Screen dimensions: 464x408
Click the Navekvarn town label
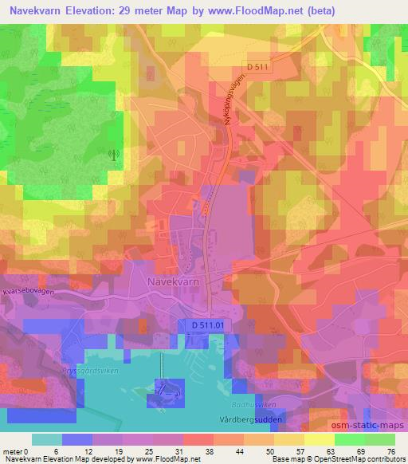click(x=172, y=281)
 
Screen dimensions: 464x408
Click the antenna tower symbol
click(x=114, y=153)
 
